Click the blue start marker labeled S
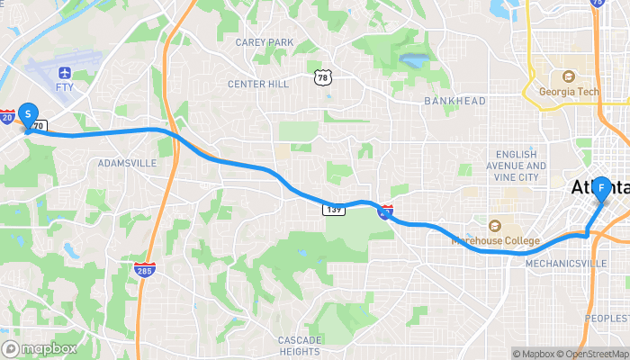click(29, 114)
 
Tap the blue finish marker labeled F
click(600, 188)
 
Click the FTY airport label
click(64, 87)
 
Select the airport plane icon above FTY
click(64, 72)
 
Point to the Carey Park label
click(265, 42)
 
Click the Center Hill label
click(258, 85)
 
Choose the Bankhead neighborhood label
click(454, 101)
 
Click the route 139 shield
click(333, 210)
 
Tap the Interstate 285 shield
click(144, 268)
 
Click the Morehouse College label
click(497, 240)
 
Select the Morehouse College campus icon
click(494, 225)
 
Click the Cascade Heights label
click(299, 346)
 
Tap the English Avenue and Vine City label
click(516, 166)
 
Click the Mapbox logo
click(40, 348)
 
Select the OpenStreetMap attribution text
click(593, 354)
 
